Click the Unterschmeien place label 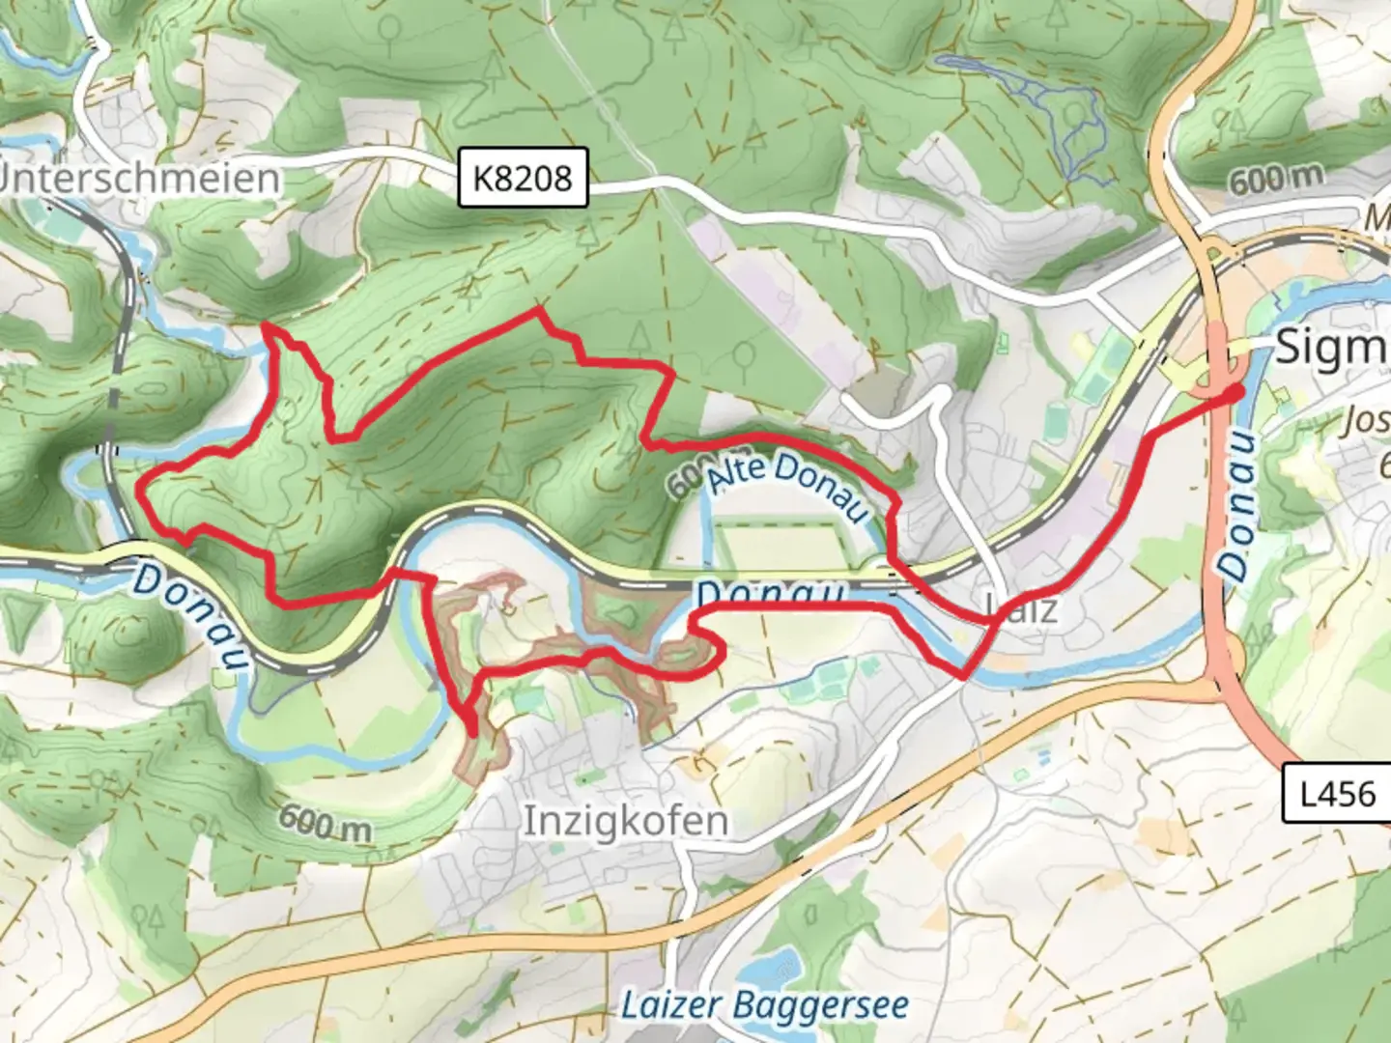140,179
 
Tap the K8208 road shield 523,178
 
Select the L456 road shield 1337,794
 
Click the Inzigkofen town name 625,821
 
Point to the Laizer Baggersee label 764,1005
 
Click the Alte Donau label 786,488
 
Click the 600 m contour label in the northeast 1276,179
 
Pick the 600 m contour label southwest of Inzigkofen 326,823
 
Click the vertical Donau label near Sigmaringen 1239,507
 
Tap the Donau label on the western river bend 188,616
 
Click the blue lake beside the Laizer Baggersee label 773,968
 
